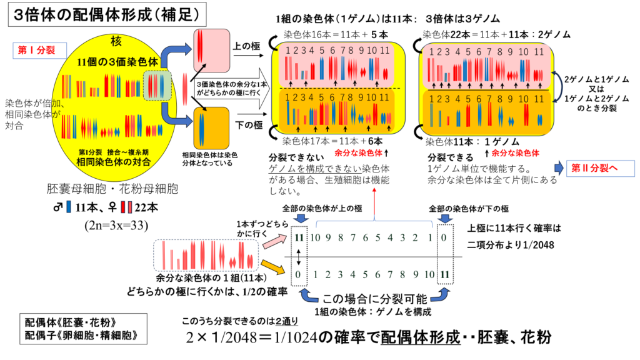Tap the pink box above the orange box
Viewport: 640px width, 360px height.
(x=211, y=50)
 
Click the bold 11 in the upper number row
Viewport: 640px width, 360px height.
(x=299, y=238)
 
